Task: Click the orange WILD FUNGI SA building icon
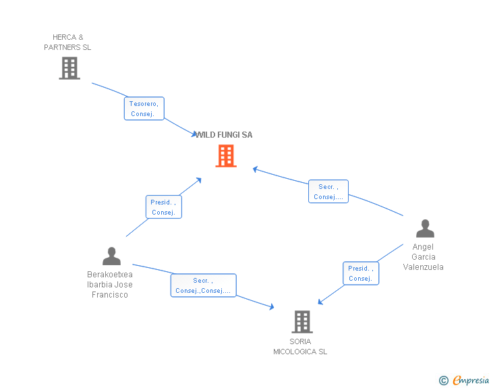click(x=226, y=156)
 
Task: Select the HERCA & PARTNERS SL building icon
click(x=69, y=68)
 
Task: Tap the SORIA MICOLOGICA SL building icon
click(x=301, y=322)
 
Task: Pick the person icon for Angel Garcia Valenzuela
click(x=425, y=229)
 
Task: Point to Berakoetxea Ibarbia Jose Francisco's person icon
click(x=111, y=256)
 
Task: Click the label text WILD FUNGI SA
click(x=225, y=135)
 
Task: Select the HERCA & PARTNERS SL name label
click(x=67, y=43)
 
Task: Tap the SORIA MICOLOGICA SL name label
click(x=300, y=346)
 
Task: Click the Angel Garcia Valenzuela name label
click(x=424, y=257)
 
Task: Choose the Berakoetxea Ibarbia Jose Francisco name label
click(x=110, y=284)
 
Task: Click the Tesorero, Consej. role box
click(x=144, y=109)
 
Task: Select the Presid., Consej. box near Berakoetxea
click(x=163, y=207)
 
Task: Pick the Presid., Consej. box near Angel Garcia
click(x=361, y=273)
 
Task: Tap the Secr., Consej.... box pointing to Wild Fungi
click(x=328, y=192)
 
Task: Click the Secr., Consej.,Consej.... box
click(x=203, y=285)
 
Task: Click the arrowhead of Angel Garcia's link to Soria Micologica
click(x=320, y=302)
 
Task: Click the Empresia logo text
click(x=471, y=381)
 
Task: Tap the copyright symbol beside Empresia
click(x=444, y=381)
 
